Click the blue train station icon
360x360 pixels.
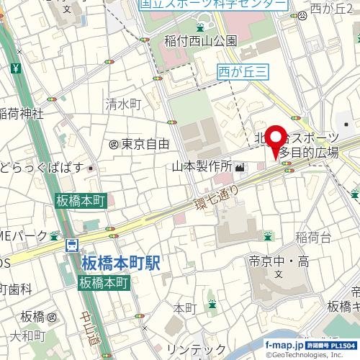(x=72, y=246)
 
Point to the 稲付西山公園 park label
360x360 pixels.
(x=200, y=40)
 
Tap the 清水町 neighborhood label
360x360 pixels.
(x=123, y=104)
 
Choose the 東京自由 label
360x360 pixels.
(x=139, y=144)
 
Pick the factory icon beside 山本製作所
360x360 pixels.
(x=238, y=168)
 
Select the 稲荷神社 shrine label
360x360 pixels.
(x=21, y=113)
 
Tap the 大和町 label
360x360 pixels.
(x=27, y=337)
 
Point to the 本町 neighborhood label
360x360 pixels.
(x=185, y=309)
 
